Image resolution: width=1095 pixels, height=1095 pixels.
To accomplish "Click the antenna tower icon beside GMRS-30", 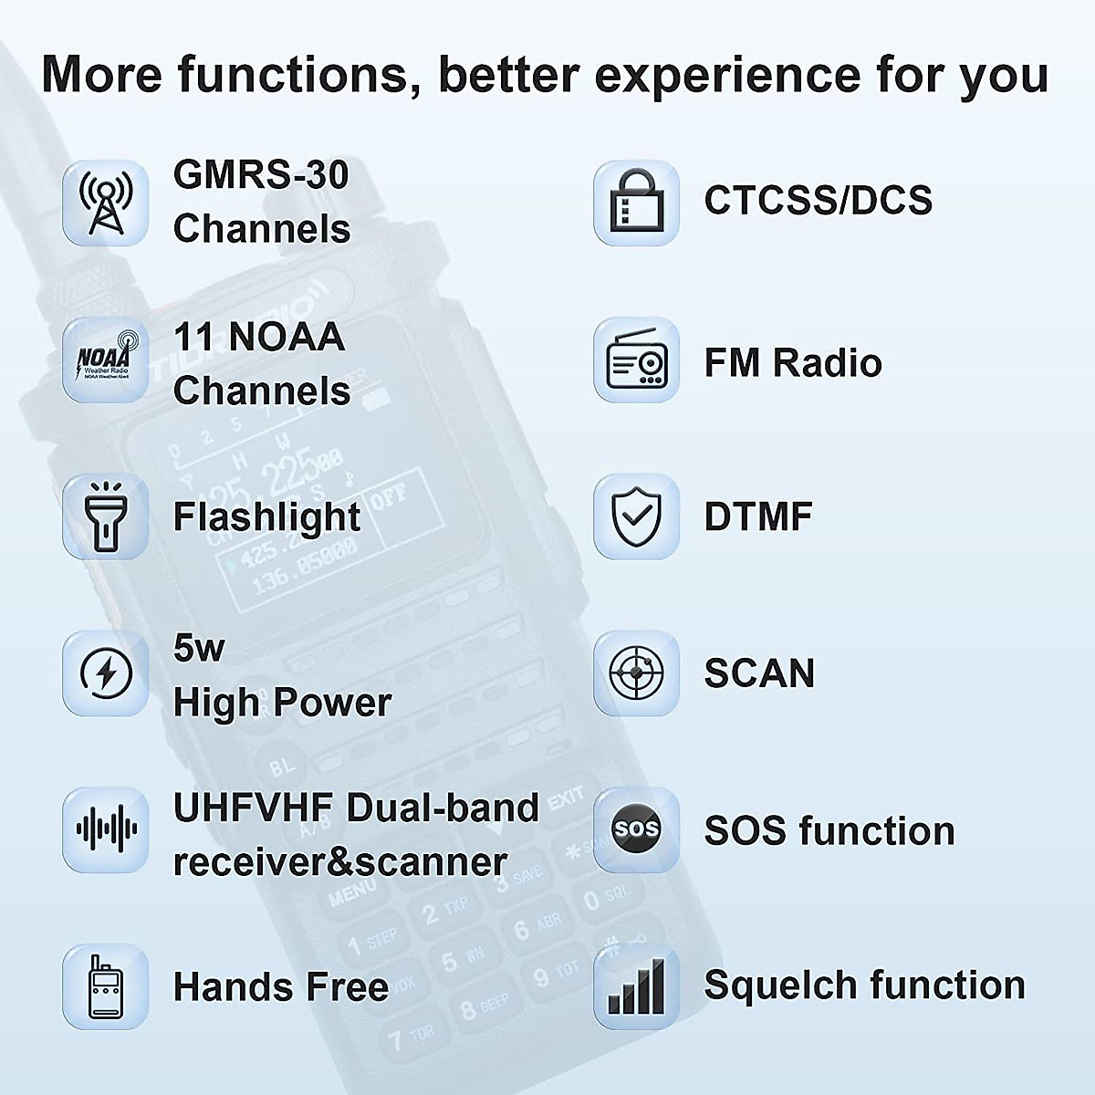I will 106,203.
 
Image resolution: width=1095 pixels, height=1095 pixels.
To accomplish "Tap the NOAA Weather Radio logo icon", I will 106,360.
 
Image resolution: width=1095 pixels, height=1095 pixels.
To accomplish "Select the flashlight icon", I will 106,516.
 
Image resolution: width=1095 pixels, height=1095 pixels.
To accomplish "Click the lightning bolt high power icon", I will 106,673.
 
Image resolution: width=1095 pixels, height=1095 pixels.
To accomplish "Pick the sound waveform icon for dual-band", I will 106,829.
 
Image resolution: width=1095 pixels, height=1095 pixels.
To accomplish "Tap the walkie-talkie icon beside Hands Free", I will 106,986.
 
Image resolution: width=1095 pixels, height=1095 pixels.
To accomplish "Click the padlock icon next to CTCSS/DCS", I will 636,203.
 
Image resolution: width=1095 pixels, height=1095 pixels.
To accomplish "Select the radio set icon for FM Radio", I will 636,360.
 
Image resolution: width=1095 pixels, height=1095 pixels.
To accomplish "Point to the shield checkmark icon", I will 636,516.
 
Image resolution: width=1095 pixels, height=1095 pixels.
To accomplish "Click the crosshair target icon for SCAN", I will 636,673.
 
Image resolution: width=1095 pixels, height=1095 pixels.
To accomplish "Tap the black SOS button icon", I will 636,829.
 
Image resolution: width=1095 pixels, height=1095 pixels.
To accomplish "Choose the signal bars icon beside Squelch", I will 636,986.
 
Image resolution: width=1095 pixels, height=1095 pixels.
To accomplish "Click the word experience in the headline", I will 726,75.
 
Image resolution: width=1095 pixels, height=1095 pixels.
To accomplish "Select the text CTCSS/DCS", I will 818,201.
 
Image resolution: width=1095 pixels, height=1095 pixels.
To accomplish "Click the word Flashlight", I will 266,517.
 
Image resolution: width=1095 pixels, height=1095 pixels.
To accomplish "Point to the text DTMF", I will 757,516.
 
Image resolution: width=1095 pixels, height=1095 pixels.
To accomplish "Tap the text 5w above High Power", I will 198,648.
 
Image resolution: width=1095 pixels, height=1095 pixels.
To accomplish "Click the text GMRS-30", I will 261,174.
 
